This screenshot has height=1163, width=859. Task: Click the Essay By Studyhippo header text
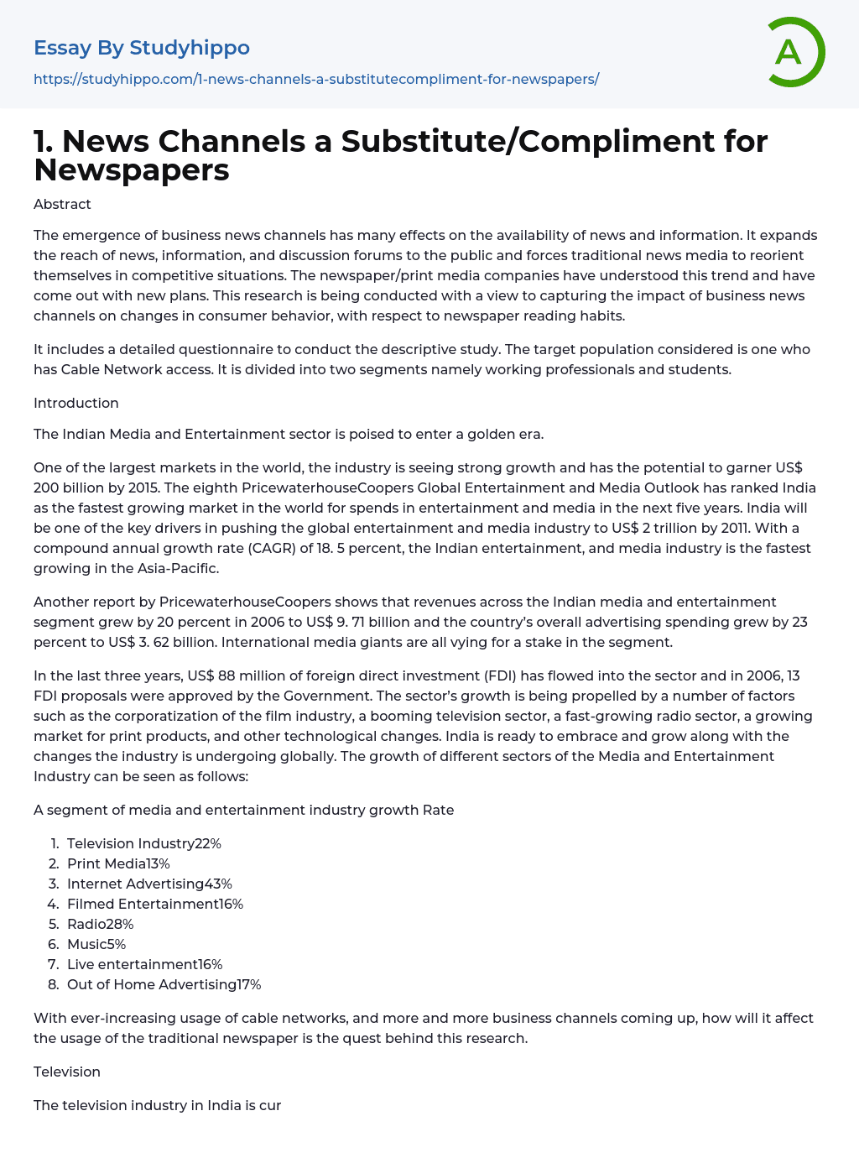tap(142, 48)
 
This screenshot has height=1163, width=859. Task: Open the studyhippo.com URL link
tap(316, 79)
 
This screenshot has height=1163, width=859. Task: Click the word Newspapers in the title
tap(132, 170)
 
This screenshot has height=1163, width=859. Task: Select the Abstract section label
tap(62, 204)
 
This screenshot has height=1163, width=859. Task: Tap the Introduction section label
tap(76, 403)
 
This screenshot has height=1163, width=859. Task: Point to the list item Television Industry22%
tap(144, 843)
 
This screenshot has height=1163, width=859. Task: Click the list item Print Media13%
tap(118, 863)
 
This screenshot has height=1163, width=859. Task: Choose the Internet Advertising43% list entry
tap(149, 884)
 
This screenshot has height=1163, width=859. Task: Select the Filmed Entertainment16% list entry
tap(155, 904)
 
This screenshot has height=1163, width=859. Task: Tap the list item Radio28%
tap(101, 924)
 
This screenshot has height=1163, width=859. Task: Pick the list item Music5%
tap(96, 944)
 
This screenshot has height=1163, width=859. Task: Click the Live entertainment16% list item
tap(144, 964)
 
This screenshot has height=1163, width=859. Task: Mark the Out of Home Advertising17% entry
tap(164, 984)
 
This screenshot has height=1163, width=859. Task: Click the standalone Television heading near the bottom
tap(67, 1072)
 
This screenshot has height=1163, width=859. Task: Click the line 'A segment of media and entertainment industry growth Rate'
tap(243, 810)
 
